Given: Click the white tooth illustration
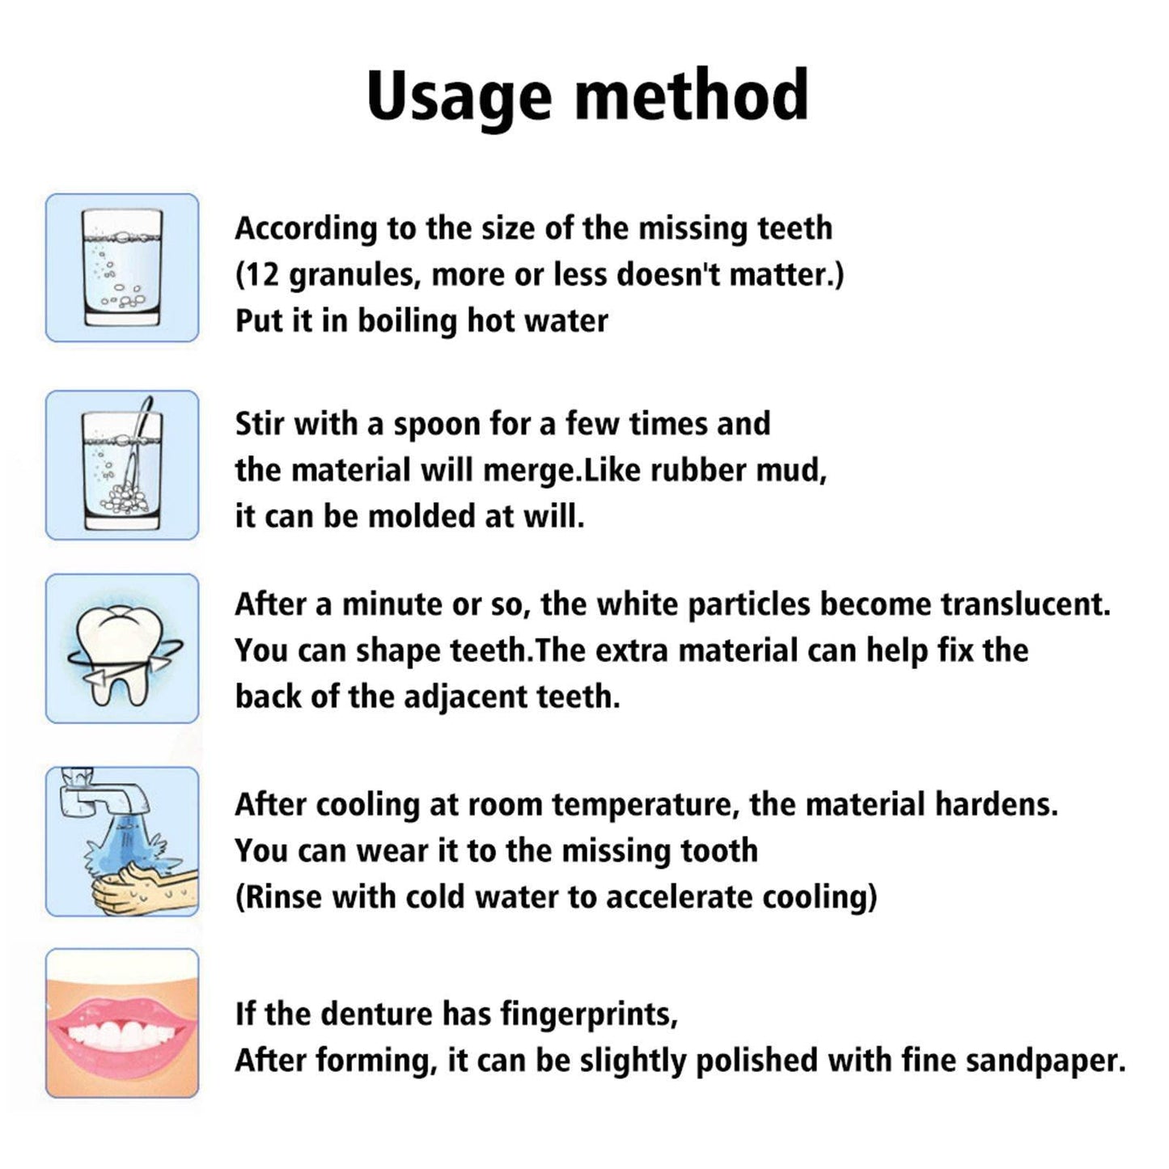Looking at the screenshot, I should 121,647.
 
